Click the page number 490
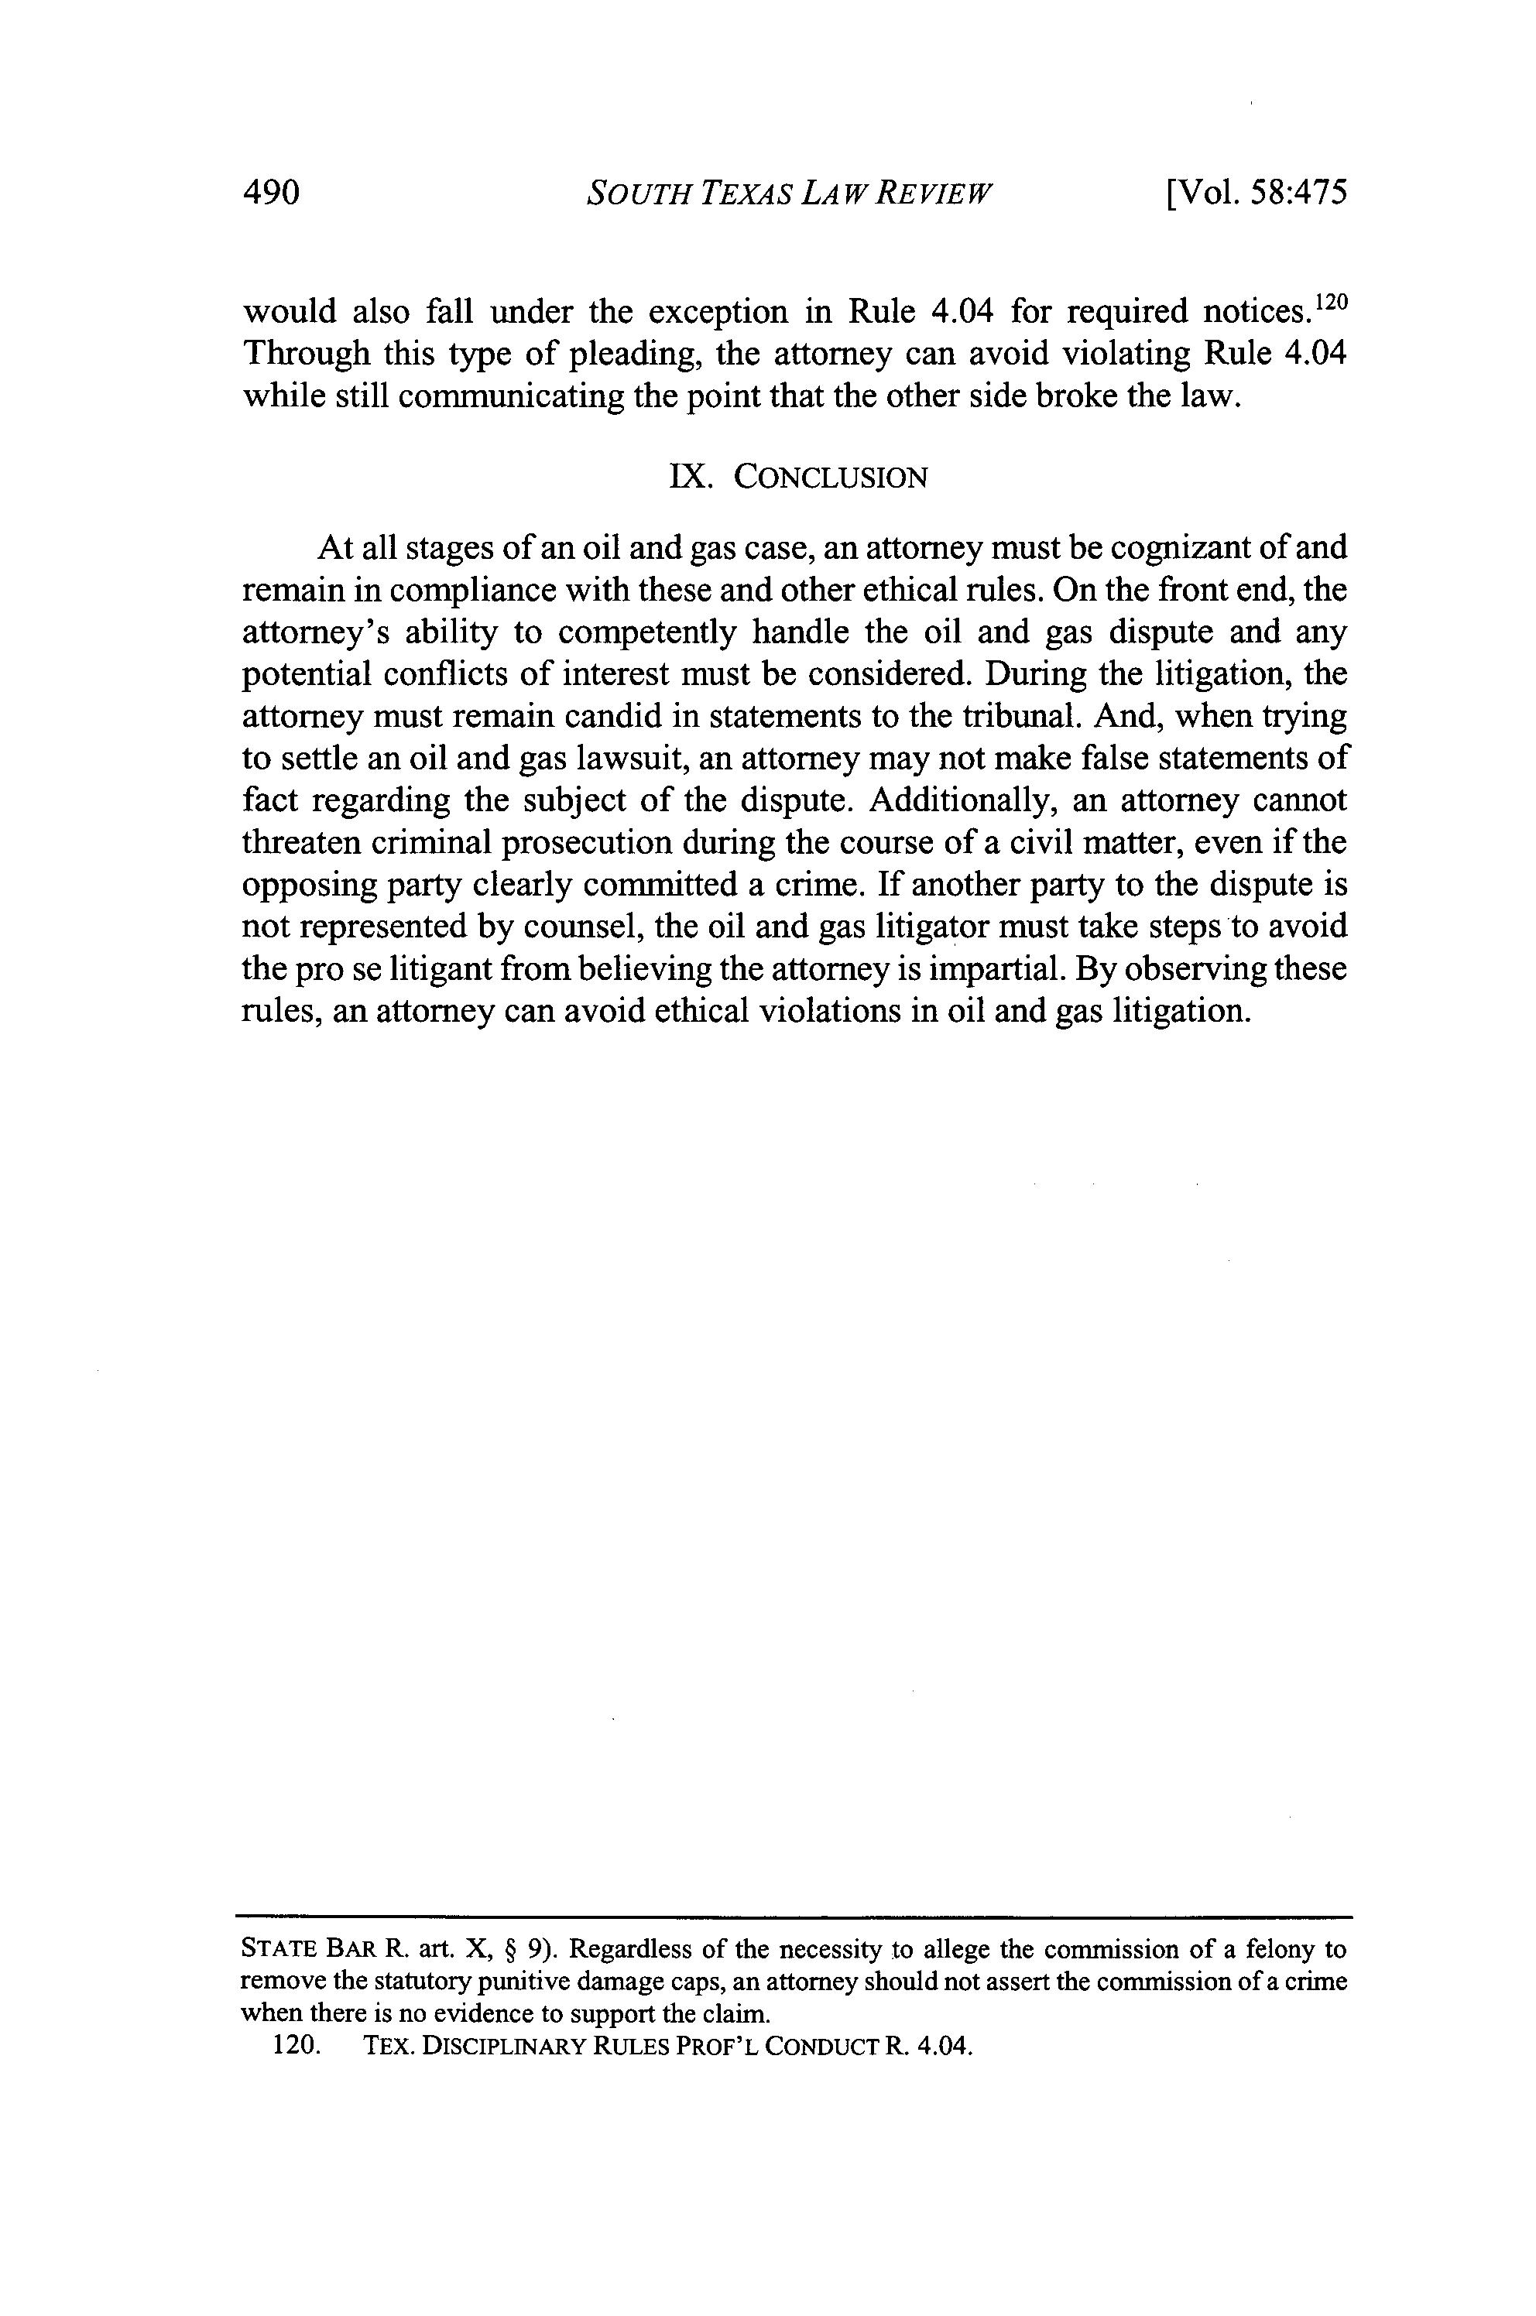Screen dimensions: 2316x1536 click(269, 193)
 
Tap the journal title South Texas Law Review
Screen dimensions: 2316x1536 click(789, 193)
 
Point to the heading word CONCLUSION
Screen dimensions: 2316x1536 click(831, 479)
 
